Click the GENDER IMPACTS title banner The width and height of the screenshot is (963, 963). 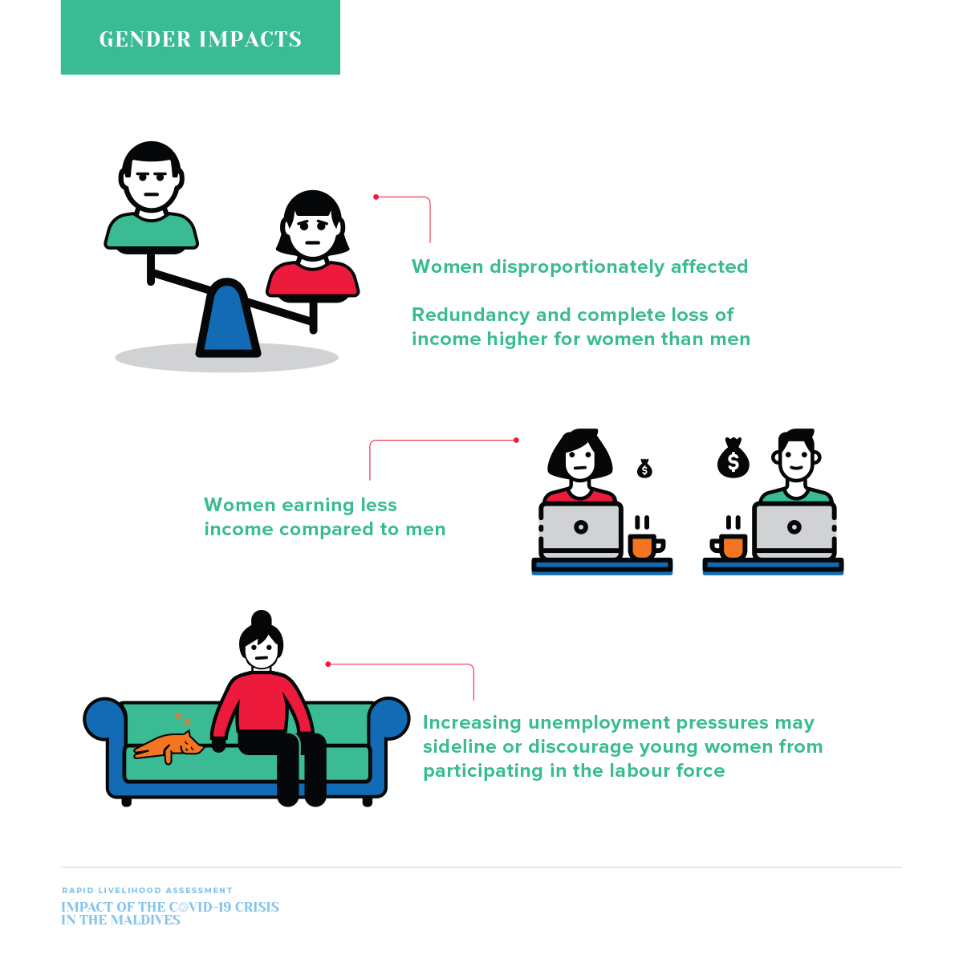(x=200, y=38)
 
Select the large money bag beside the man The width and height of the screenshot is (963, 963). (x=733, y=459)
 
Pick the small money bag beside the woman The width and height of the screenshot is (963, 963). (x=644, y=469)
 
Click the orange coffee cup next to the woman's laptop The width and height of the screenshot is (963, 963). (x=644, y=546)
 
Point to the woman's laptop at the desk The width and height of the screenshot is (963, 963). (x=581, y=530)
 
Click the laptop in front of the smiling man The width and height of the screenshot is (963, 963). (x=794, y=530)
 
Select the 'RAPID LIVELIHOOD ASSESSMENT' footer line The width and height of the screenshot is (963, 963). (x=147, y=890)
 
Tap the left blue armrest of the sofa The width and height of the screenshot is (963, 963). (x=104, y=718)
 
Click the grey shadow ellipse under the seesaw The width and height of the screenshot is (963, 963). (x=144, y=359)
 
